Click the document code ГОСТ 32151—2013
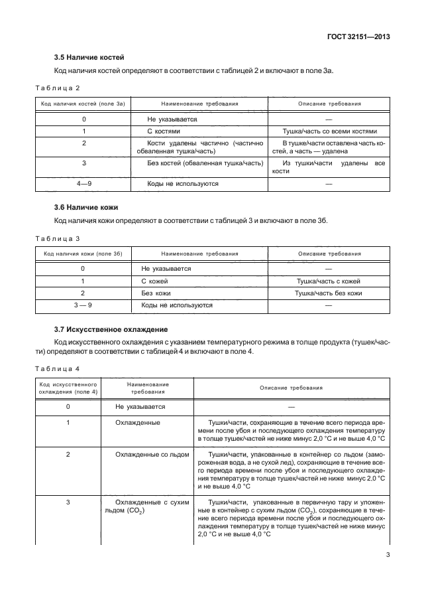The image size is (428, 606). click(357, 37)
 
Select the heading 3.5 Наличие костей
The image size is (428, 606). click(89, 58)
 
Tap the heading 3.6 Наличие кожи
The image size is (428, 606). click(86, 208)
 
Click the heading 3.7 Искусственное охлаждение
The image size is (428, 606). click(111, 329)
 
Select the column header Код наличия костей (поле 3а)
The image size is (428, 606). click(83, 104)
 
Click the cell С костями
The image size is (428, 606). click(164, 131)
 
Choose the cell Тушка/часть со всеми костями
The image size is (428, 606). click(329, 131)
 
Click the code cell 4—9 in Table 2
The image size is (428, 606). click(83, 183)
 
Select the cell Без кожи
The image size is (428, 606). click(155, 293)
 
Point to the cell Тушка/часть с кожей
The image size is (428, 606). click(329, 281)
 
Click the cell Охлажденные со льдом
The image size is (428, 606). click(152, 455)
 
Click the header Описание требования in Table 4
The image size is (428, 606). click(291, 388)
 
